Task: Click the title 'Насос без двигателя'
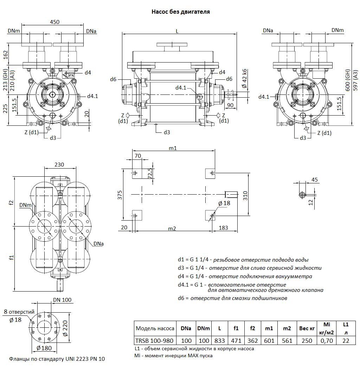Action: coord(180,12)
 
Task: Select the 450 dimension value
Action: coord(55,22)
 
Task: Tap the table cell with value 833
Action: coord(219,340)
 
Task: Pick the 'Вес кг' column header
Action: coord(307,328)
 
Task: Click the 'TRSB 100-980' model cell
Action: coord(155,340)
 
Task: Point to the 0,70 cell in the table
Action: coord(326,340)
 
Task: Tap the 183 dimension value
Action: coord(223,228)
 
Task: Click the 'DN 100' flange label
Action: coord(62,300)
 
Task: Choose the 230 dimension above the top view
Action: coord(59,164)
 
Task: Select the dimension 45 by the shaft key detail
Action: coord(315,180)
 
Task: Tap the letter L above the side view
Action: coord(177,31)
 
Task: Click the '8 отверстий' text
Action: coord(19,312)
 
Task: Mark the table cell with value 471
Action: coord(236,340)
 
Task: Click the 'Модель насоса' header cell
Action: coord(155,328)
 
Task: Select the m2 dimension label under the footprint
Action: coord(172,229)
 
